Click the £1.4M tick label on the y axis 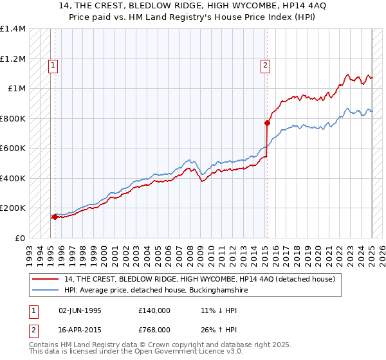13,29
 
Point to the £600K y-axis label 13,148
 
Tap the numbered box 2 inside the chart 264,64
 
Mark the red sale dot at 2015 267,123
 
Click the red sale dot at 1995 55,217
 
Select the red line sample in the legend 46,280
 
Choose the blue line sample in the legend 46,291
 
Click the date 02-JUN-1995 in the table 79,310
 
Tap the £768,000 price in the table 154,329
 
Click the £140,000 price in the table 154,310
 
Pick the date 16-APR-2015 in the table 79,329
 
